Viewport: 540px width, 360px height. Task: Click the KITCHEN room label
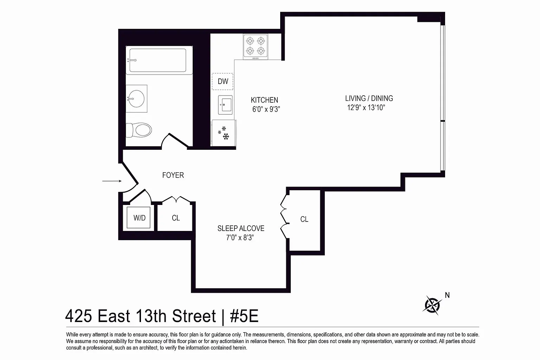[x=264, y=100]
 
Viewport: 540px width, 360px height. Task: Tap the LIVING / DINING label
[x=369, y=98]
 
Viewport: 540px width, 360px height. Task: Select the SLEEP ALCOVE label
[x=241, y=229]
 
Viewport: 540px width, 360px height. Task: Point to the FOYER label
[x=173, y=175]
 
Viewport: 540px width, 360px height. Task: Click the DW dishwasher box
[x=223, y=82]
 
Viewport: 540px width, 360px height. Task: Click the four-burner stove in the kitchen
[x=256, y=47]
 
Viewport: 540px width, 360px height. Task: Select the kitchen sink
[x=225, y=105]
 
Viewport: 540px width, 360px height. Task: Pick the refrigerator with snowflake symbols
[x=224, y=133]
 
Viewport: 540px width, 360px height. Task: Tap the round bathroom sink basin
[x=136, y=98]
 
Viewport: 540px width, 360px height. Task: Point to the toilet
[x=139, y=130]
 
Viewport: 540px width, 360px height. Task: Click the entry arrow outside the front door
[x=112, y=181]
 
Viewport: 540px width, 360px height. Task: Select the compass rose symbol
[x=432, y=305]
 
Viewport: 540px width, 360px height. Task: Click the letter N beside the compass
[x=447, y=295]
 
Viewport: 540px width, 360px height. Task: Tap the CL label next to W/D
[x=176, y=218]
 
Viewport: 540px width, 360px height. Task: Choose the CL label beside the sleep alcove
[x=304, y=219]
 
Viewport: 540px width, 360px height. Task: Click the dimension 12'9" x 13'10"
[x=366, y=108]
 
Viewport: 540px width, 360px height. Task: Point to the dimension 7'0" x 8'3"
[x=240, y=238]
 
